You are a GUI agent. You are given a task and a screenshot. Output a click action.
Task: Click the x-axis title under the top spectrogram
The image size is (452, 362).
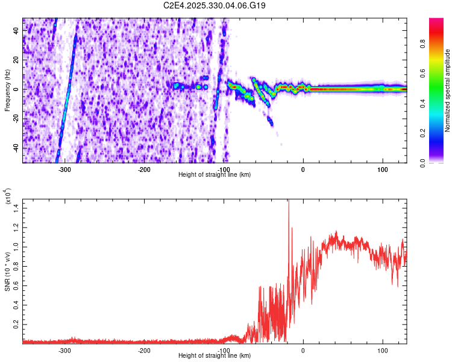(215, 175)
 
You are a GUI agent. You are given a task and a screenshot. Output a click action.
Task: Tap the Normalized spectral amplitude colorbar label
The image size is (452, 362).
(447, 91)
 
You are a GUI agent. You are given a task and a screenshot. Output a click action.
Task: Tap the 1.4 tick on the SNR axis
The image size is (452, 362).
(16, 208)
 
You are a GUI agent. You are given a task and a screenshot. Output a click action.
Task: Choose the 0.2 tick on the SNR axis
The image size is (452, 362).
(16, 324)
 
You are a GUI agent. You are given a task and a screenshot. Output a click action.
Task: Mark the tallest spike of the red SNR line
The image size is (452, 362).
(288, 201)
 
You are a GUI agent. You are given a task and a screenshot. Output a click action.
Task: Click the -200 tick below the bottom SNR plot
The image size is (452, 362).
(144, 351)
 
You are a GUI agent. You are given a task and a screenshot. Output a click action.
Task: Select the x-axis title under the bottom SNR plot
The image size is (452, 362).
(215, 356)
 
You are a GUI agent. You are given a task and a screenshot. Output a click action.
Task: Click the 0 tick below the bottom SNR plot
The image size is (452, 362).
(303, 351)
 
